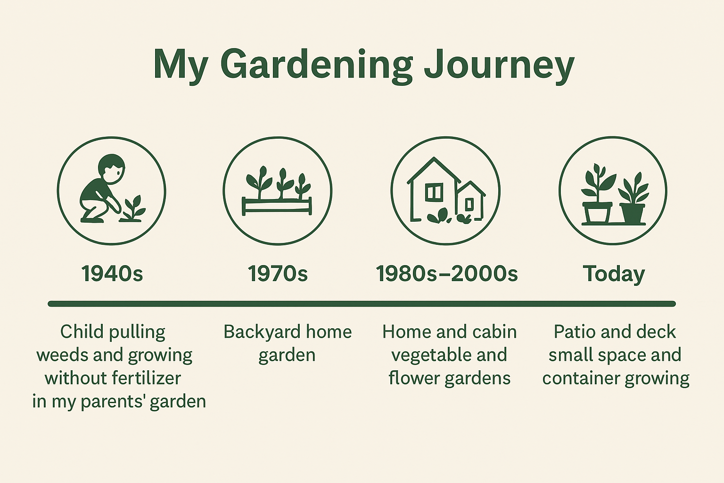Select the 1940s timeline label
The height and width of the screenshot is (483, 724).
click(x=112, y=274)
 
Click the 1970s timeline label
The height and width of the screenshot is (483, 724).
click(x=278, y=274)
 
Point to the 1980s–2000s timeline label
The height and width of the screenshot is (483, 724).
click(x=446, y=274)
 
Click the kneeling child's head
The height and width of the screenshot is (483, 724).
click(x=112, y=168)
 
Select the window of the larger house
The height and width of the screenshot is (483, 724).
click(x=434, y=192)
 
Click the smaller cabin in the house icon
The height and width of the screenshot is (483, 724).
click(x=470, y=200)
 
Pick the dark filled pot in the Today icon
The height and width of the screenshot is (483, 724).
click(x=632, y=214)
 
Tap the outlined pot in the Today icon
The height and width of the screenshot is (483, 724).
click(x=597, y=213)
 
